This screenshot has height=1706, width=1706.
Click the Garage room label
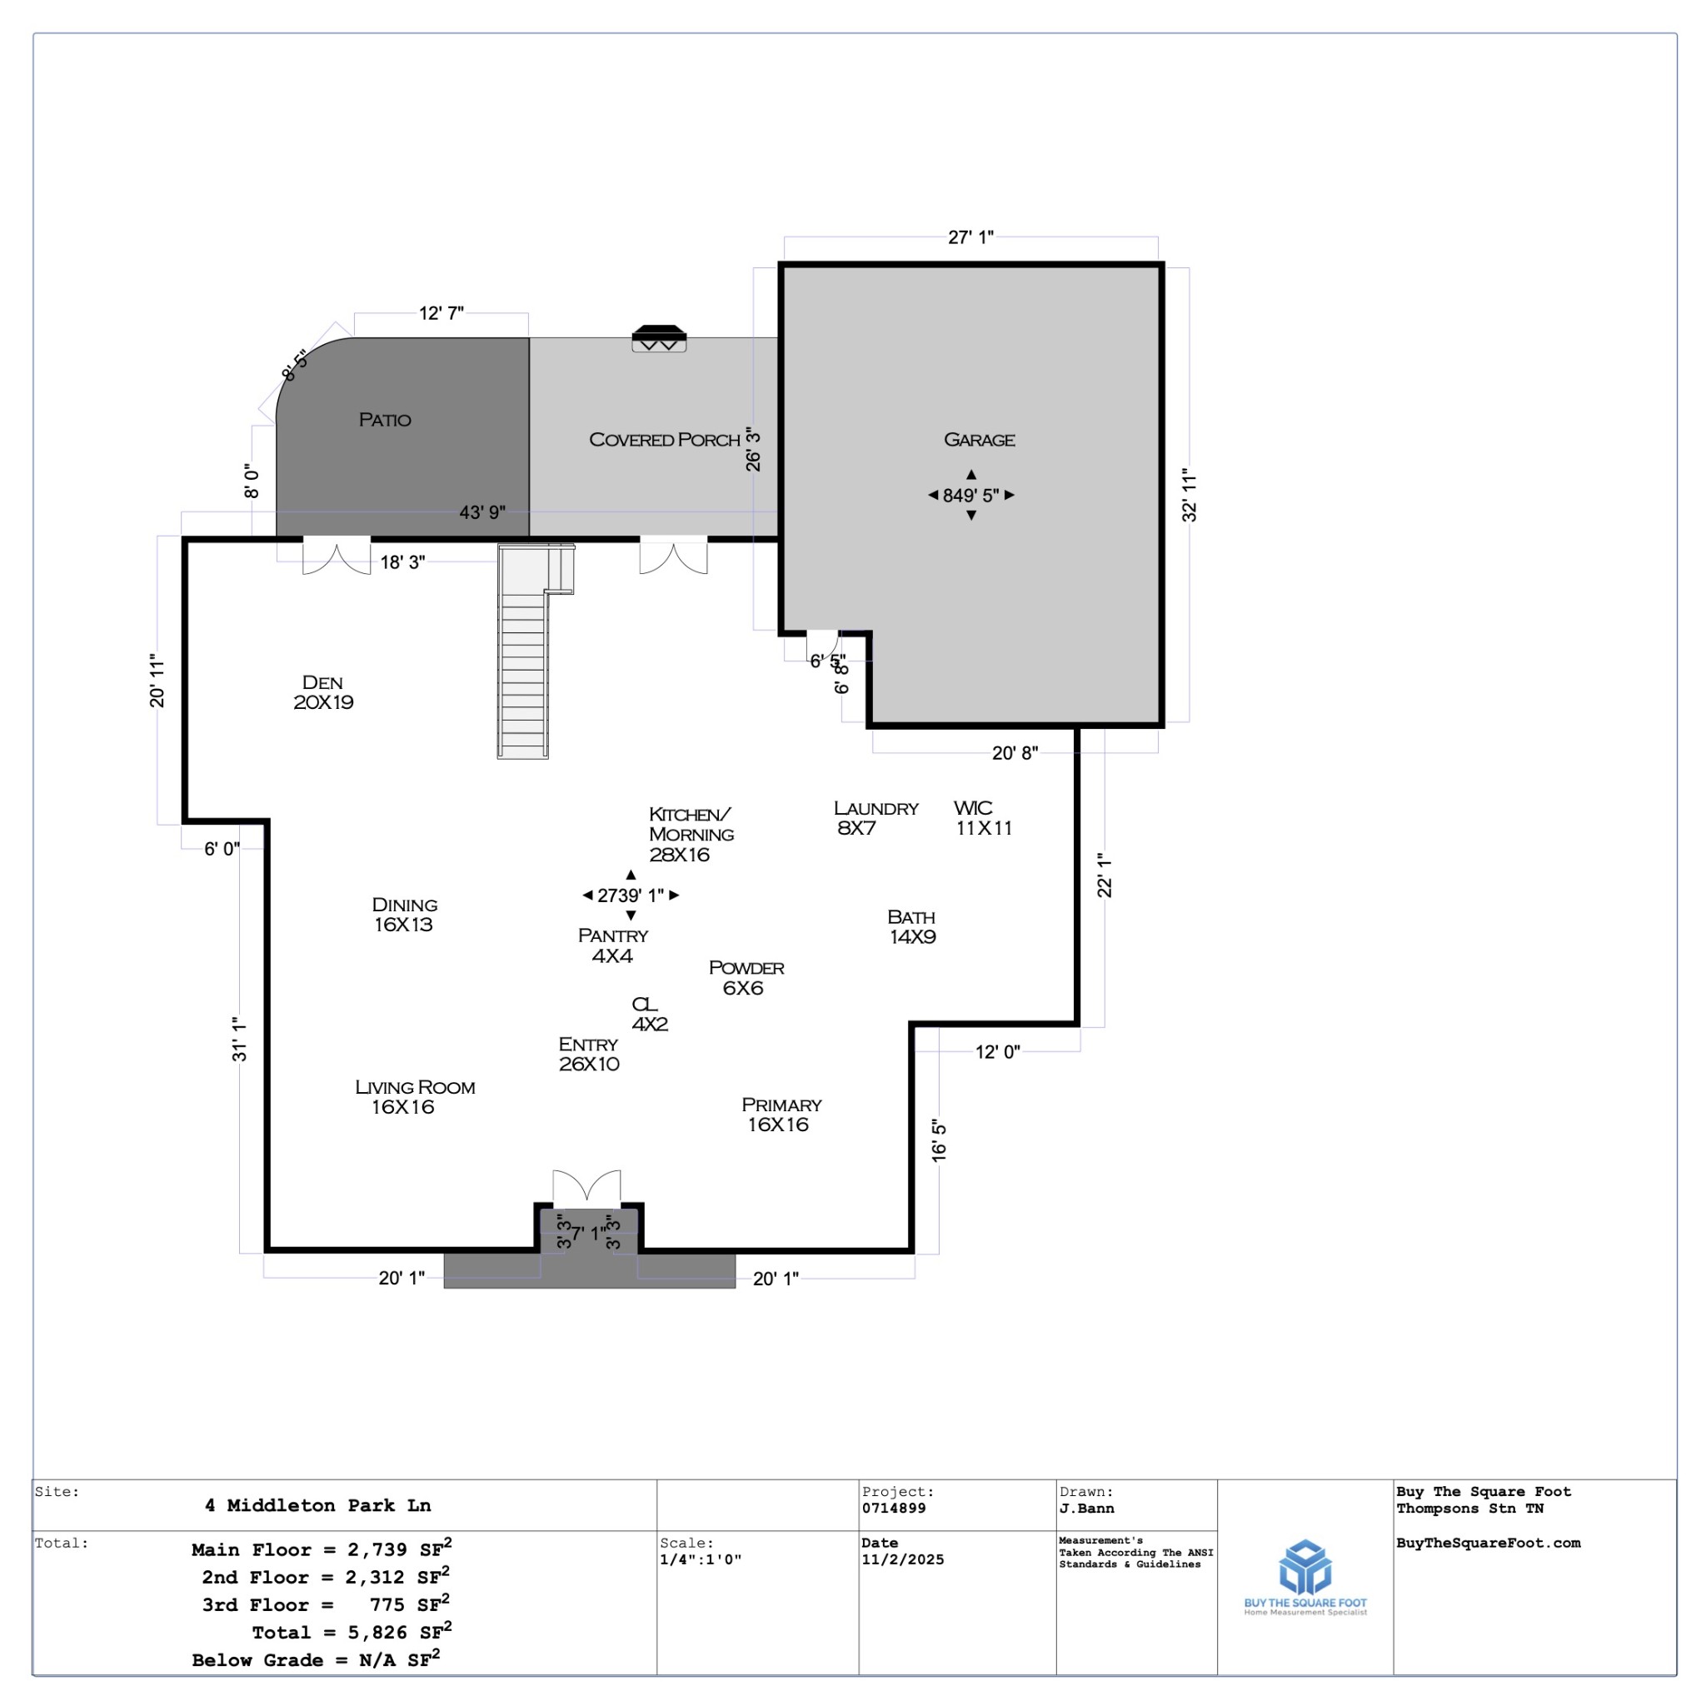coord(979,440)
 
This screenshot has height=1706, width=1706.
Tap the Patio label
coord(384,420)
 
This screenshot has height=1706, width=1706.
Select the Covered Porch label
coord(664,440)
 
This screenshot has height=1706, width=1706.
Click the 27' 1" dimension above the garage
coord(970,237)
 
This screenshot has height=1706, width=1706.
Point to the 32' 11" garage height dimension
coord(1190,496)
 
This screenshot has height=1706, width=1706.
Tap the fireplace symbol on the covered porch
coord(659,338)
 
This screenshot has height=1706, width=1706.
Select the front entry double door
coord(586,1189)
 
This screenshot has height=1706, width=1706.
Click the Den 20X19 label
coord(323,692)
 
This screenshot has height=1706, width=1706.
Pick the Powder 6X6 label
coord(746,977)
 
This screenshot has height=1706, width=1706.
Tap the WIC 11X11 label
coord(982,818)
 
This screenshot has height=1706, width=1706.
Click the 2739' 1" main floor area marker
coord(631,895)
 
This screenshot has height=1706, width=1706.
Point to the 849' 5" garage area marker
coord(970,496)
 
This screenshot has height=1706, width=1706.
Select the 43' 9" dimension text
coord(482,512)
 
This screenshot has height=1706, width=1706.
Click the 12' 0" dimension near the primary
coord(997,1052)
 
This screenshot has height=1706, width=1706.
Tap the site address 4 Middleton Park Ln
coord(318,1505)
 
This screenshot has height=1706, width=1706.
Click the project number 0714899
coord(894,1509)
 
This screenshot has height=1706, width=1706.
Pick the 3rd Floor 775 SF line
coord(325,1604)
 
